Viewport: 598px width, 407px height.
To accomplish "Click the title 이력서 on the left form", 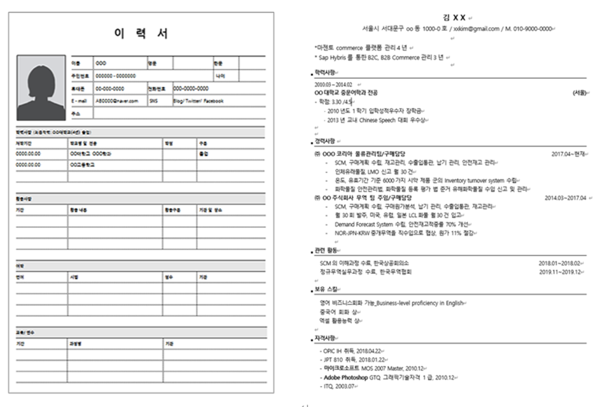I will pyautogui.click(x=141, y=34).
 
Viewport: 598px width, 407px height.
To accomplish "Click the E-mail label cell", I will pyautogui.click(x=80, y=101).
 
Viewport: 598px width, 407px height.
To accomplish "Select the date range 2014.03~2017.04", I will pyautogui.click(x=565, y=198).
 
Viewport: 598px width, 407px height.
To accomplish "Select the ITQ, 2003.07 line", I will pyautogui.click(x=338, y=386).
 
